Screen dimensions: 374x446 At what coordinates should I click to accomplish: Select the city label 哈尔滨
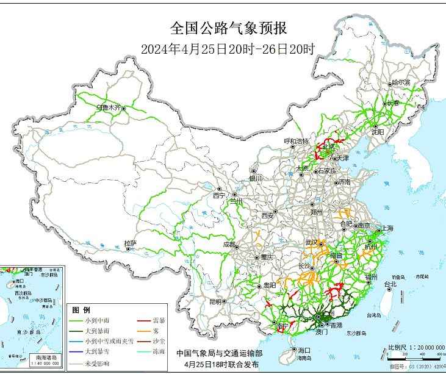[401, 82]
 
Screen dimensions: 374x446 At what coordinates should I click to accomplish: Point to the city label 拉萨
[130, 243]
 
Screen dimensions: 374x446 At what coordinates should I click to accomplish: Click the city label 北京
[328, 146]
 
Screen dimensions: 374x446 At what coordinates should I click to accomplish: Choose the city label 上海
[386, 228]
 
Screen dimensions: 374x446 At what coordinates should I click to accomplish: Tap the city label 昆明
[215, 301]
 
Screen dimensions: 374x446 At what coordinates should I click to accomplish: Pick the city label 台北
[390, 284]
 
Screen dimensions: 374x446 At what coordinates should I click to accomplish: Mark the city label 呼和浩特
[297, 141]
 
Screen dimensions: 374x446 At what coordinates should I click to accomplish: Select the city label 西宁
[219, 196]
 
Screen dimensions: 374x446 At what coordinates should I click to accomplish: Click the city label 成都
[229, 244]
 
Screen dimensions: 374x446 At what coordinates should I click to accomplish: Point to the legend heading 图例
[81, 310]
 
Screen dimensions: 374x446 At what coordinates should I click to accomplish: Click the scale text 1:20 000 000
[422, 347]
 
